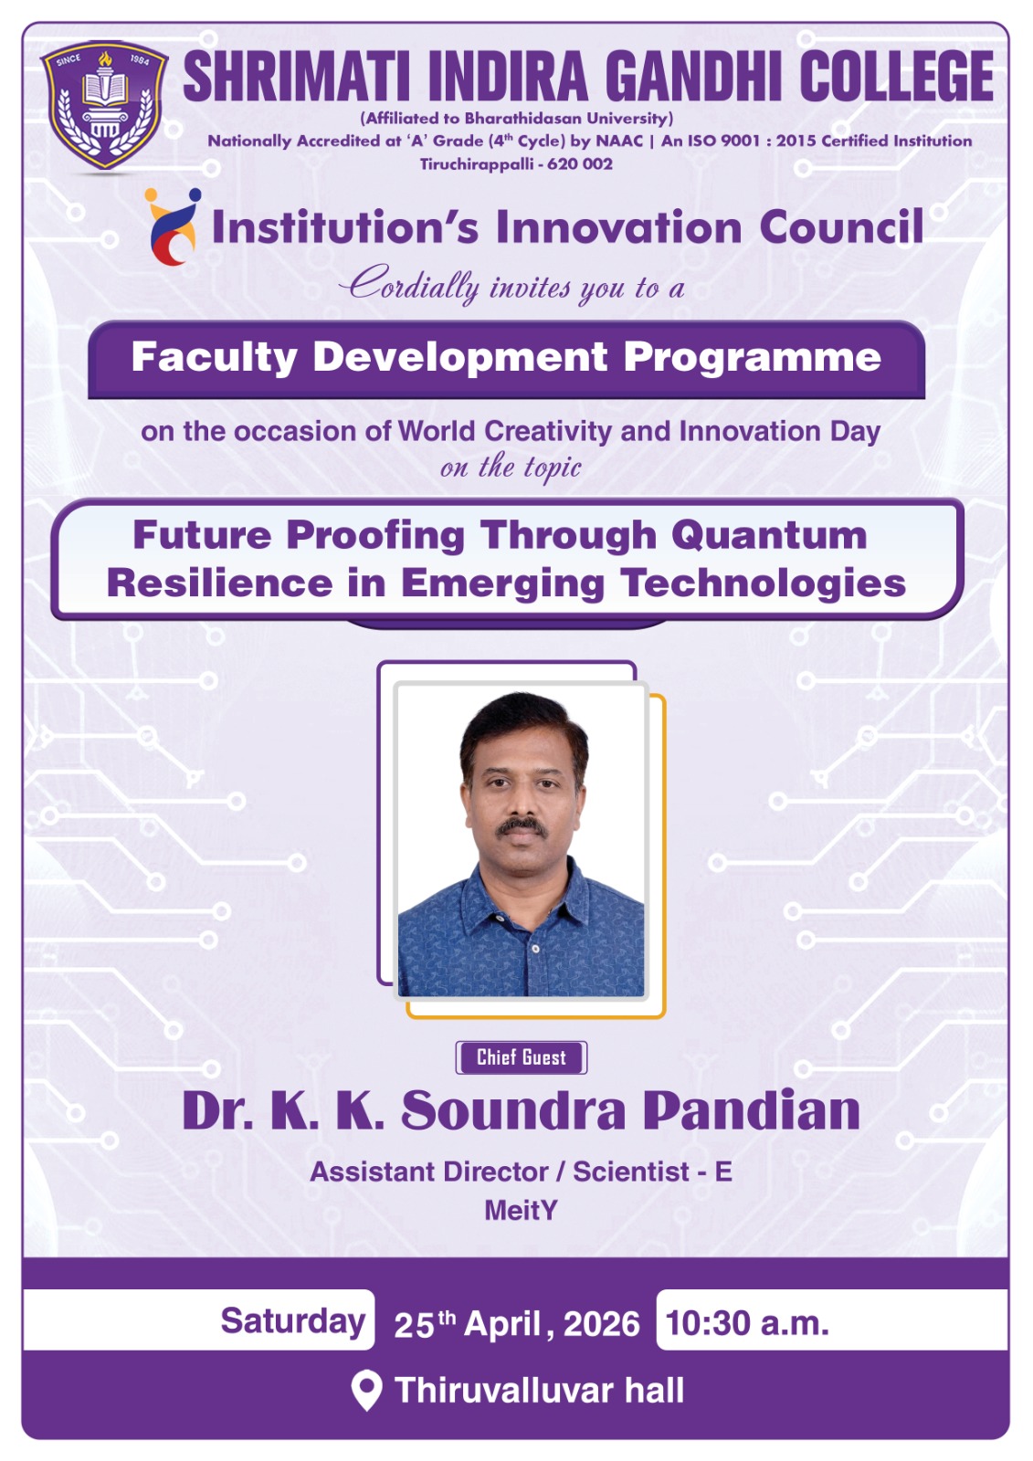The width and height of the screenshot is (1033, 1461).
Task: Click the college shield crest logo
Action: pyautogui.click(x=104, y=105)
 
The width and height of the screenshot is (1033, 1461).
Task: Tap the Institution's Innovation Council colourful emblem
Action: pyautogui.click(x=173, y=226)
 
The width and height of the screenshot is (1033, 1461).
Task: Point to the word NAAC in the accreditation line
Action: pyautogui.click(x=619, y=141)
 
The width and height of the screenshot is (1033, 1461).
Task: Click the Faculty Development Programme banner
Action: pyautogui.click(x=506, y=359)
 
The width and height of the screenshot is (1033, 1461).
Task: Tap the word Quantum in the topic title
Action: pyautogui.click(x=769, y=535)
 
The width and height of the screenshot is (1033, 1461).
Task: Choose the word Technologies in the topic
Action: pyautogui.click(x=763, y=583)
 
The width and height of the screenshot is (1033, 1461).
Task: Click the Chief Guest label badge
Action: pyautogui.click(x=521, y=1057)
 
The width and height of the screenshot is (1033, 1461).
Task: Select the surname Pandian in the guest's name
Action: pyautogui.click(x=752, y=1110)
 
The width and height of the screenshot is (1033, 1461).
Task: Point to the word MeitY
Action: pyautogui.click(x=521, y=1211)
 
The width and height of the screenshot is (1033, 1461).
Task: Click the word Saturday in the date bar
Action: pyautogui.click(x=292, y=1320)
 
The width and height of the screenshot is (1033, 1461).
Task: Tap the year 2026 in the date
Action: pyautogui.click(x=602, y=1323)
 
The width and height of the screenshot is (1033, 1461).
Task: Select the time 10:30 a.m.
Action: pyautogui.click(x=747, y=1323)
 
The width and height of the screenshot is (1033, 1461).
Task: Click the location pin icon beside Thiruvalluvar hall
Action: pyautogui.click(x=366, y=1391)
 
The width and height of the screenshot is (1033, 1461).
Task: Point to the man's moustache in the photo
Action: pyautogui.click(x=521, y=827)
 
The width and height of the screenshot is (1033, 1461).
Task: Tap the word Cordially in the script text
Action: pyautogui.click(x=409, y=284)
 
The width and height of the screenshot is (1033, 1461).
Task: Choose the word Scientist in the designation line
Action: pyautogui.click(x=631, y=1172)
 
